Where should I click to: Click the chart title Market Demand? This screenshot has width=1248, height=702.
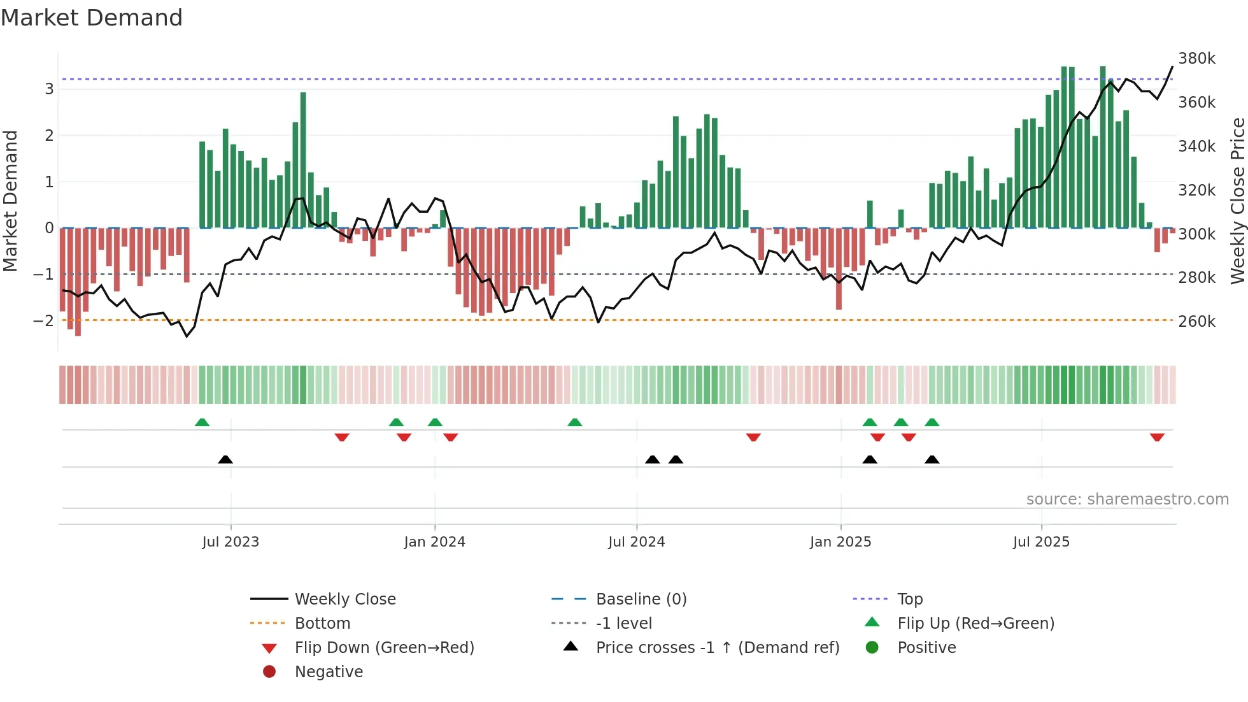[x=92, y=18]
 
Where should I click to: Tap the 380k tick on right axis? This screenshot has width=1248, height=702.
[x=1196, y=59]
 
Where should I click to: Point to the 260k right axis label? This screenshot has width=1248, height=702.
[x=1196, y=321]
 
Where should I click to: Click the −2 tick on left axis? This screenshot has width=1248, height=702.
[x=43, y=320]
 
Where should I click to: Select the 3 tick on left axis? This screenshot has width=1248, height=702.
[x=49, y=89]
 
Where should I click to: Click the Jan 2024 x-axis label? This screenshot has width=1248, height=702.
[x=434, y=542]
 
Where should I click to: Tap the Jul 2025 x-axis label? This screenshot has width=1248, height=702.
[x=1041, y=542]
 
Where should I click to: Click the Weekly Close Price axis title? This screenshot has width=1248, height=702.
[x=1237, y=201]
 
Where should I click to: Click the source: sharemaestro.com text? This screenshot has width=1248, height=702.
[x=1127, y=499]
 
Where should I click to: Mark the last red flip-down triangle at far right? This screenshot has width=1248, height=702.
[x=1157, y=437]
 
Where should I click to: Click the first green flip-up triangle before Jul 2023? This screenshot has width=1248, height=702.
[x=202, y=422]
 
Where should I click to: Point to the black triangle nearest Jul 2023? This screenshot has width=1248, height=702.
[x=225, y=459]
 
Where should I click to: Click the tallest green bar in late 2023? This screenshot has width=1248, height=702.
[x=303, y=159]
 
